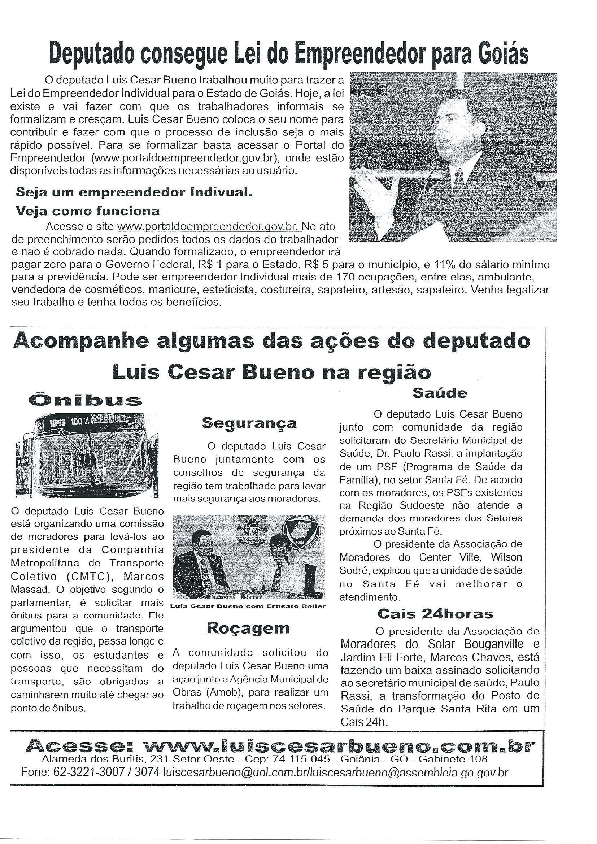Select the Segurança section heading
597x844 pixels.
click(x=249, y=423)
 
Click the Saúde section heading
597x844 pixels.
click(x=440, y=393)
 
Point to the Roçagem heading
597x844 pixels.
click(x=248, y=628)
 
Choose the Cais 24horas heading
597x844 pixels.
click(x=435, y=614)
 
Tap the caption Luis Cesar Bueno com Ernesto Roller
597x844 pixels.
click(x=248, y=606)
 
